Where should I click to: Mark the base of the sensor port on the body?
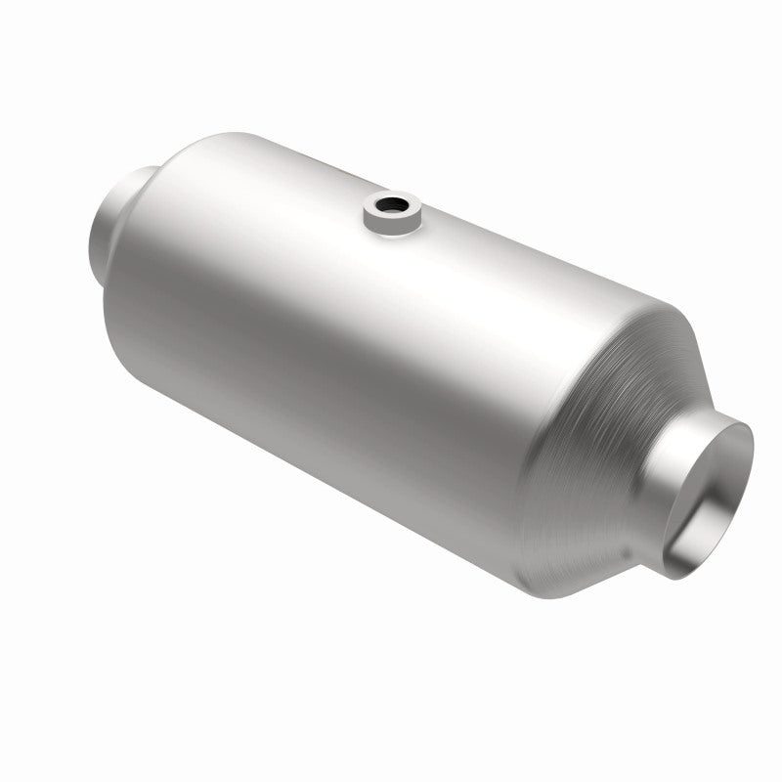(390, 231)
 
